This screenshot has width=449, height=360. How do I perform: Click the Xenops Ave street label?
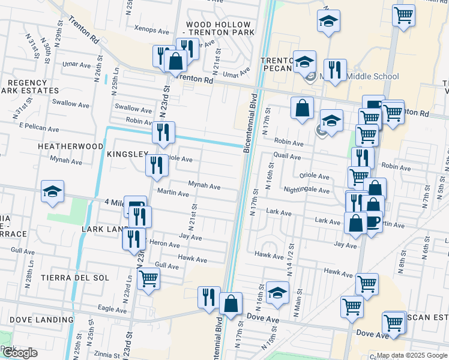(152, 29)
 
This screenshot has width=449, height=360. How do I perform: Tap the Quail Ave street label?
(286, 157)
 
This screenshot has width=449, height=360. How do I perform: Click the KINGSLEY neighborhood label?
(127, 154)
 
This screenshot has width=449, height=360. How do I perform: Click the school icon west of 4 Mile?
(52, 192)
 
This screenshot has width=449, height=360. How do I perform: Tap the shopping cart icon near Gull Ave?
(148, 278)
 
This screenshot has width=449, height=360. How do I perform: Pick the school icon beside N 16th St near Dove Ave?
(277, 293)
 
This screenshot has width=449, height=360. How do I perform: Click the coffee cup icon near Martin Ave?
(372, 222)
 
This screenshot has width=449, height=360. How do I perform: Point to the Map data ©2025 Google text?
(412, 355)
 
